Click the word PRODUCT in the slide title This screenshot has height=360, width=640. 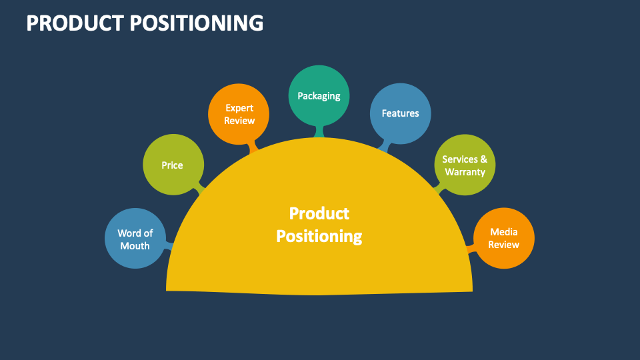(75, 23)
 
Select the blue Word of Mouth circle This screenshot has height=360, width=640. (135, 239)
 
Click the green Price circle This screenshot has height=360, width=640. (172, 165)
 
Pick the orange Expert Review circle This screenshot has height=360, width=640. (239, 114)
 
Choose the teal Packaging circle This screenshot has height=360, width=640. (319, 95)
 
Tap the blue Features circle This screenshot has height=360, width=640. (400, 113)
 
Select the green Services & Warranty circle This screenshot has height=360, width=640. (465, 165)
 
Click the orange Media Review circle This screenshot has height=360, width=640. (503, 238)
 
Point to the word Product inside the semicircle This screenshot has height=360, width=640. (319, 213)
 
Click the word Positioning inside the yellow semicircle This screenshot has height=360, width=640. (319, 236)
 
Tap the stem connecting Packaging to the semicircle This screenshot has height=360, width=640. (319, 131)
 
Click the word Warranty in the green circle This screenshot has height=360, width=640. (465, 172)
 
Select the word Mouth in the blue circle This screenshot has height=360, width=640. (135, 246)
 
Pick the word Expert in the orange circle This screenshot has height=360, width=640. (239, 107)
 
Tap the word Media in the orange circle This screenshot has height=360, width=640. (504, 231)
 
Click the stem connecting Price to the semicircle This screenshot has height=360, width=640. (199, 189)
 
